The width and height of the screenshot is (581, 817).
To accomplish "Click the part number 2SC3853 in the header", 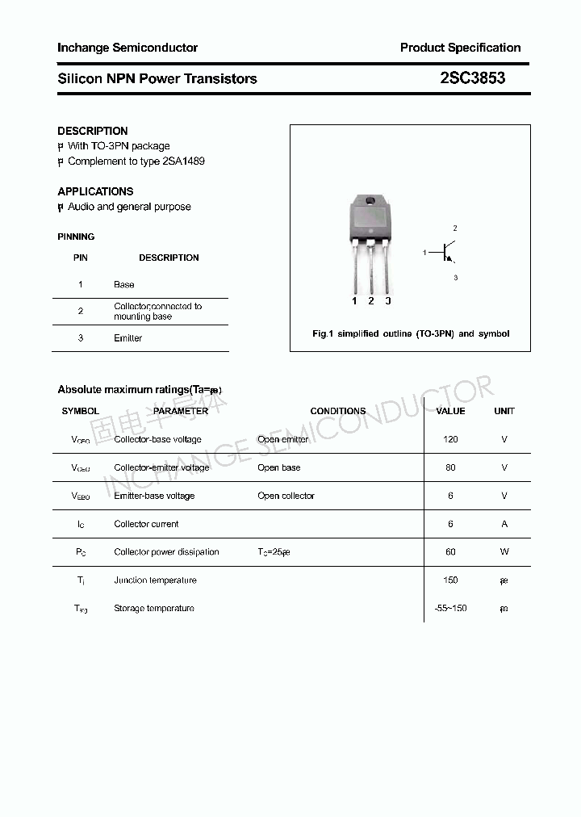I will (473, 78).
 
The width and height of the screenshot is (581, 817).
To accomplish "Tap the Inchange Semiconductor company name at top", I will (127, 48).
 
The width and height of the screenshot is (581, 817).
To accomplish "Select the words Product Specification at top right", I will (460, 48).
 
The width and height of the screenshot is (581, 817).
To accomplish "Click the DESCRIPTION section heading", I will (93, 131).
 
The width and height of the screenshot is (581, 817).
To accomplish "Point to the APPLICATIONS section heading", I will (95, 191).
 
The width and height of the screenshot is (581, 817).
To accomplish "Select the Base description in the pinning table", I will (124, 284).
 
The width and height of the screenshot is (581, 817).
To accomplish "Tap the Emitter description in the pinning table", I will (127, 338).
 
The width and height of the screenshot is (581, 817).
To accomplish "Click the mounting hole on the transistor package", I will (370, 201).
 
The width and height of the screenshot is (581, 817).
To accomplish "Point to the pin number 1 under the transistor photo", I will (354, 301).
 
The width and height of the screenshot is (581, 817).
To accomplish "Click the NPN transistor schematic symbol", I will (446, 253).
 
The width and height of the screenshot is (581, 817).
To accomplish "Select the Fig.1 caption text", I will (411, 333).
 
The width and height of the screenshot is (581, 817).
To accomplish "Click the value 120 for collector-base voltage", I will (450, 439).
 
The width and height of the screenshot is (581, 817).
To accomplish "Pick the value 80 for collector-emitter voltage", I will (450, 467).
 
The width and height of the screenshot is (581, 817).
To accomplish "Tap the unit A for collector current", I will (504, 524).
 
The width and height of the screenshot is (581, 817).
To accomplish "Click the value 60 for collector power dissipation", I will (450, 552).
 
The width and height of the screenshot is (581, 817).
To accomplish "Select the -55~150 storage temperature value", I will (450, 608).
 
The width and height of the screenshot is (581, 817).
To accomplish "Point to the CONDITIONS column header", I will (338, 411).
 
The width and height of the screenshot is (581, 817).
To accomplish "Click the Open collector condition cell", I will (286, 496).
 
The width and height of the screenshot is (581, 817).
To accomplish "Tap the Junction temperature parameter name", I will (155, 580).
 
